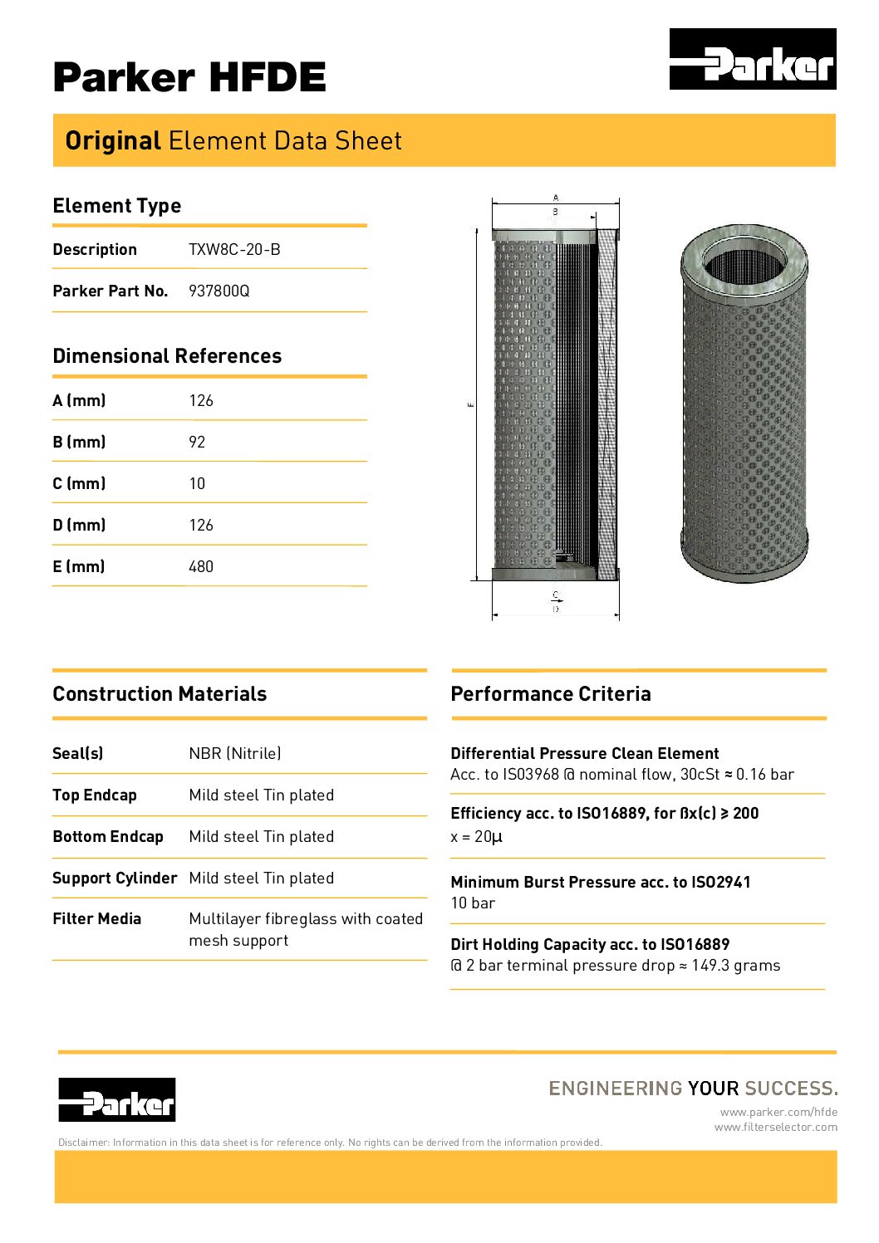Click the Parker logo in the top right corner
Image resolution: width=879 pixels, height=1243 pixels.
click(753, 59)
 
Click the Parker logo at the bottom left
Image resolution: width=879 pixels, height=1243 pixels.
click(116, 1099)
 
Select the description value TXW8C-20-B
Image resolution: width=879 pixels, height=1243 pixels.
click(234, 250)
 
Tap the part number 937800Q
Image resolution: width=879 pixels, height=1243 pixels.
click(219, 291)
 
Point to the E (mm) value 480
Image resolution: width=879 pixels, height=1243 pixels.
click(201, 567)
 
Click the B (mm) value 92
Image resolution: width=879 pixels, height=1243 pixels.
click(197, 443)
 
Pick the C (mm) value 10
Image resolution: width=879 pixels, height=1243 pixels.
click(197, 484)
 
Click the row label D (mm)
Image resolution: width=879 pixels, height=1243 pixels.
click(79, 526)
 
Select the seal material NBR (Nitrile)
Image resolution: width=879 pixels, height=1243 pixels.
click(235, 754)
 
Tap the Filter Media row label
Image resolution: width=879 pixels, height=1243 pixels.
click(96, 919)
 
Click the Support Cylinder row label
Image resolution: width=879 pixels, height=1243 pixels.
click(115, 878)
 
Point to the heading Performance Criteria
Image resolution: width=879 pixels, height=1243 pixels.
click(551, 694)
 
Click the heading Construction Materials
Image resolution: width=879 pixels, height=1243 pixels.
click(160, 694)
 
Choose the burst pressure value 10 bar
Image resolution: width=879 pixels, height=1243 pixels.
click(473, 903)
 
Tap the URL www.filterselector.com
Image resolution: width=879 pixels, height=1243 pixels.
click(776, 1128)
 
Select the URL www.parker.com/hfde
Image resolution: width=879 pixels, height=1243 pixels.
click(778, 1113)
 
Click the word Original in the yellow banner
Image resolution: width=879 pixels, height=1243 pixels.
click(113, 141)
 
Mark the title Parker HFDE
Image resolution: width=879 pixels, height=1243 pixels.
click(189, 77)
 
